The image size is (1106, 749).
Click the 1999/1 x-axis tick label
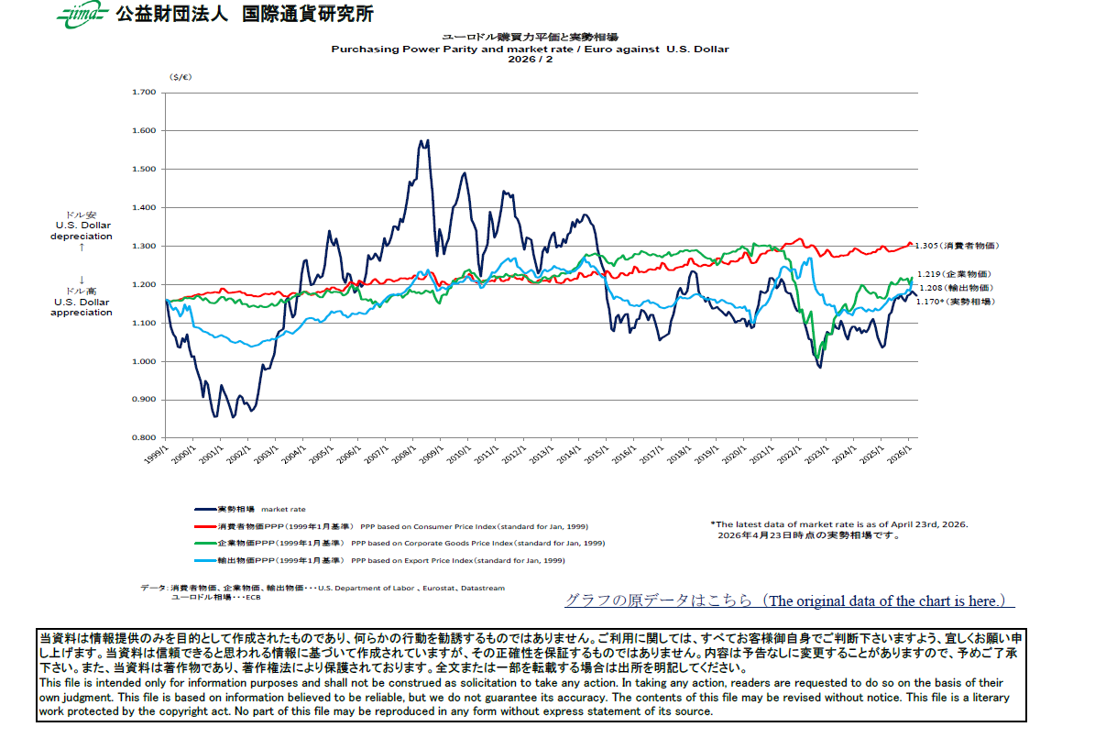coord(157,454)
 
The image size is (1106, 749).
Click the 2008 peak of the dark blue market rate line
coord(422,142)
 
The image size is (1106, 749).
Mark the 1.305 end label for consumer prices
coord(956,246)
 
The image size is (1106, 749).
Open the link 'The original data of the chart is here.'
coord(789,600)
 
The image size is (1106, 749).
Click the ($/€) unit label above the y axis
coord(180,78)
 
